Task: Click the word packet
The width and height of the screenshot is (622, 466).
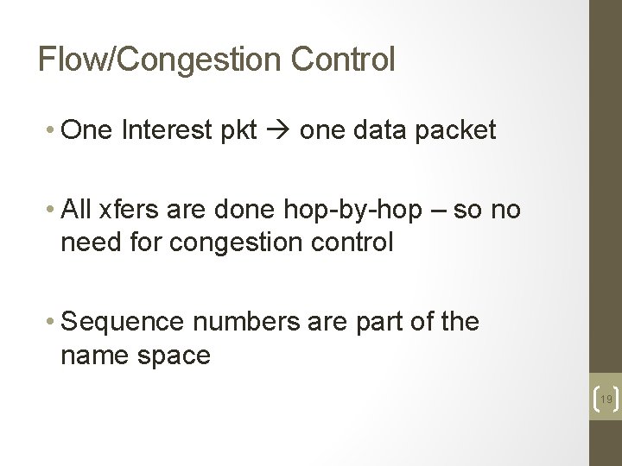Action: (x=456, y=130)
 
